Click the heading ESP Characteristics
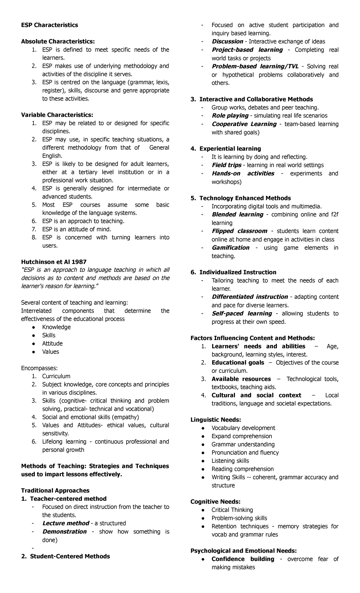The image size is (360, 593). [x=49, y=25]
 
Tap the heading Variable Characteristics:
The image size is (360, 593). [x=57, y=115]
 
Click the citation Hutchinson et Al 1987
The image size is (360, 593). [x=54, y=262]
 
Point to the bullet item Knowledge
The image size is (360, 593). [x=56, y=327]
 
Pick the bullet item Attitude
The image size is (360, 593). [x=52, y=343]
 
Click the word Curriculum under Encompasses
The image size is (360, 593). [x=56, y=376]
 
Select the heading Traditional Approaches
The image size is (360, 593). [x=55, y=490]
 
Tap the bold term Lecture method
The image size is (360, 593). [x=66, y=523]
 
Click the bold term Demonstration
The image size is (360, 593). [x=64, y=531]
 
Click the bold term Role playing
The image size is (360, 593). [x=230, y=116]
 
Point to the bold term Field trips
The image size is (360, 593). [x=226, y=165]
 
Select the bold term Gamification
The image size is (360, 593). [x=230, y=248]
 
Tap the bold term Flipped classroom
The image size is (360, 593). [x=239, y=231]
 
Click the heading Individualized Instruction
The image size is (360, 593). [x=238, y=272]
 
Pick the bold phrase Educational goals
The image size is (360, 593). [x=238, y=363]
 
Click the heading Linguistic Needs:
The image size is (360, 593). [x=216, y=420]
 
